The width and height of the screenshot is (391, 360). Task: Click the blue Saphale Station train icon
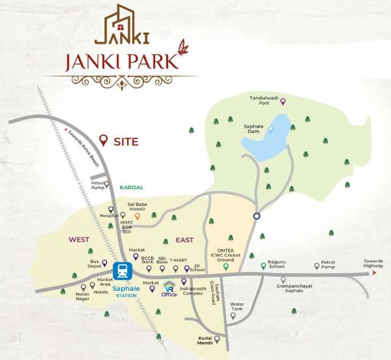coord(121,271)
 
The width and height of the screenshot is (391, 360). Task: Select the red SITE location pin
coord(102,140)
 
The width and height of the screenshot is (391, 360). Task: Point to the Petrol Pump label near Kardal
coord(98,187)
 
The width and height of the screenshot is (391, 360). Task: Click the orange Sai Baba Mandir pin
coord(137,216)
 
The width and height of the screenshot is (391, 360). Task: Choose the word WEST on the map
coord(79,239)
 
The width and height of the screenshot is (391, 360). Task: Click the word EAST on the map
coord(184,240)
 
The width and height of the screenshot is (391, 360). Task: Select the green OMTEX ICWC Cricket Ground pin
coord(225,266)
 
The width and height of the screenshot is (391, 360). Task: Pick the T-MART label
coord(178,260)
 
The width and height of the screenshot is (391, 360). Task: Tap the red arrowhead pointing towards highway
coord(375,274)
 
